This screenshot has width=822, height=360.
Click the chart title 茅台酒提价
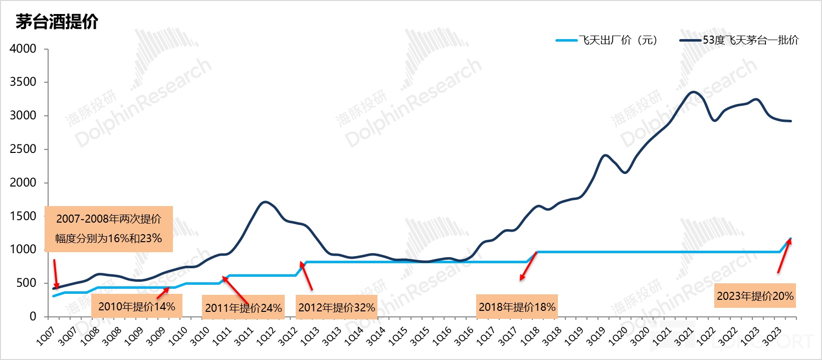pyautogui.click(x=57, y=22)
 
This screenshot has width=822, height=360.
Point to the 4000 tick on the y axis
pyautogui.click(x=24, y=49)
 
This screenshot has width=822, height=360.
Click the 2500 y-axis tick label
pyautogui.click(x=24, y=149)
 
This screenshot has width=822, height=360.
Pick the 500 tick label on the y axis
pyautogui.click(x=27, y=283)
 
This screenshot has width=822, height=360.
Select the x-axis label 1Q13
pyautogui.click(x=309, y=336)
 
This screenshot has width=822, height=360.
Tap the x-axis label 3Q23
pyautogui.click(x=771, y=336)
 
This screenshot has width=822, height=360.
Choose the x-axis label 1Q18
pyautogui.click(x=529, y=336)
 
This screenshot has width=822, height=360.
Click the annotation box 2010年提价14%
pyautogui.click(x=136, y=306)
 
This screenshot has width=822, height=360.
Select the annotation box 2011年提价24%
pyautogui.click(x=244, y=308)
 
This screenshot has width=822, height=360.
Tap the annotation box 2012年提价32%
pyautogui.click(x=336, y=307)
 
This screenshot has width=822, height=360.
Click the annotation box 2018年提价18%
pyautogui.click(x=517, y=307)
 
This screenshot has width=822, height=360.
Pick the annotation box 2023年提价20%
pyautogui.click(x=755, y=296)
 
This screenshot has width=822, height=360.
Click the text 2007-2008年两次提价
pyautogui.click(x=109, y=219)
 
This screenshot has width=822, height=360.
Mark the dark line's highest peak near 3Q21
pyautogui.click(x=693, y=92)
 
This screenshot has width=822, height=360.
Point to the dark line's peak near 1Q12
pyautogui.click(x=265, y=202)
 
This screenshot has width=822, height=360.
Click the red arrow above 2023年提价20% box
pyautogui.click(x=784, y=256)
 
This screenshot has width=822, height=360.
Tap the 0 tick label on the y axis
pyautogui.click(x=33, y=316)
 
